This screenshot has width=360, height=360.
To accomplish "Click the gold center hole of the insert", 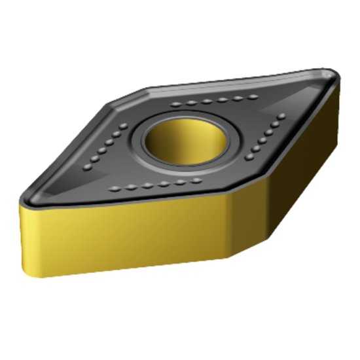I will [183, 139].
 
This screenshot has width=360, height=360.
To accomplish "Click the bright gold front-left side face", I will [124, 232].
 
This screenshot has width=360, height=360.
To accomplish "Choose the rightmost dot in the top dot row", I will [252, 98].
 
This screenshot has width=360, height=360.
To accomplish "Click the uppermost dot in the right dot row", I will [282, 117].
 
